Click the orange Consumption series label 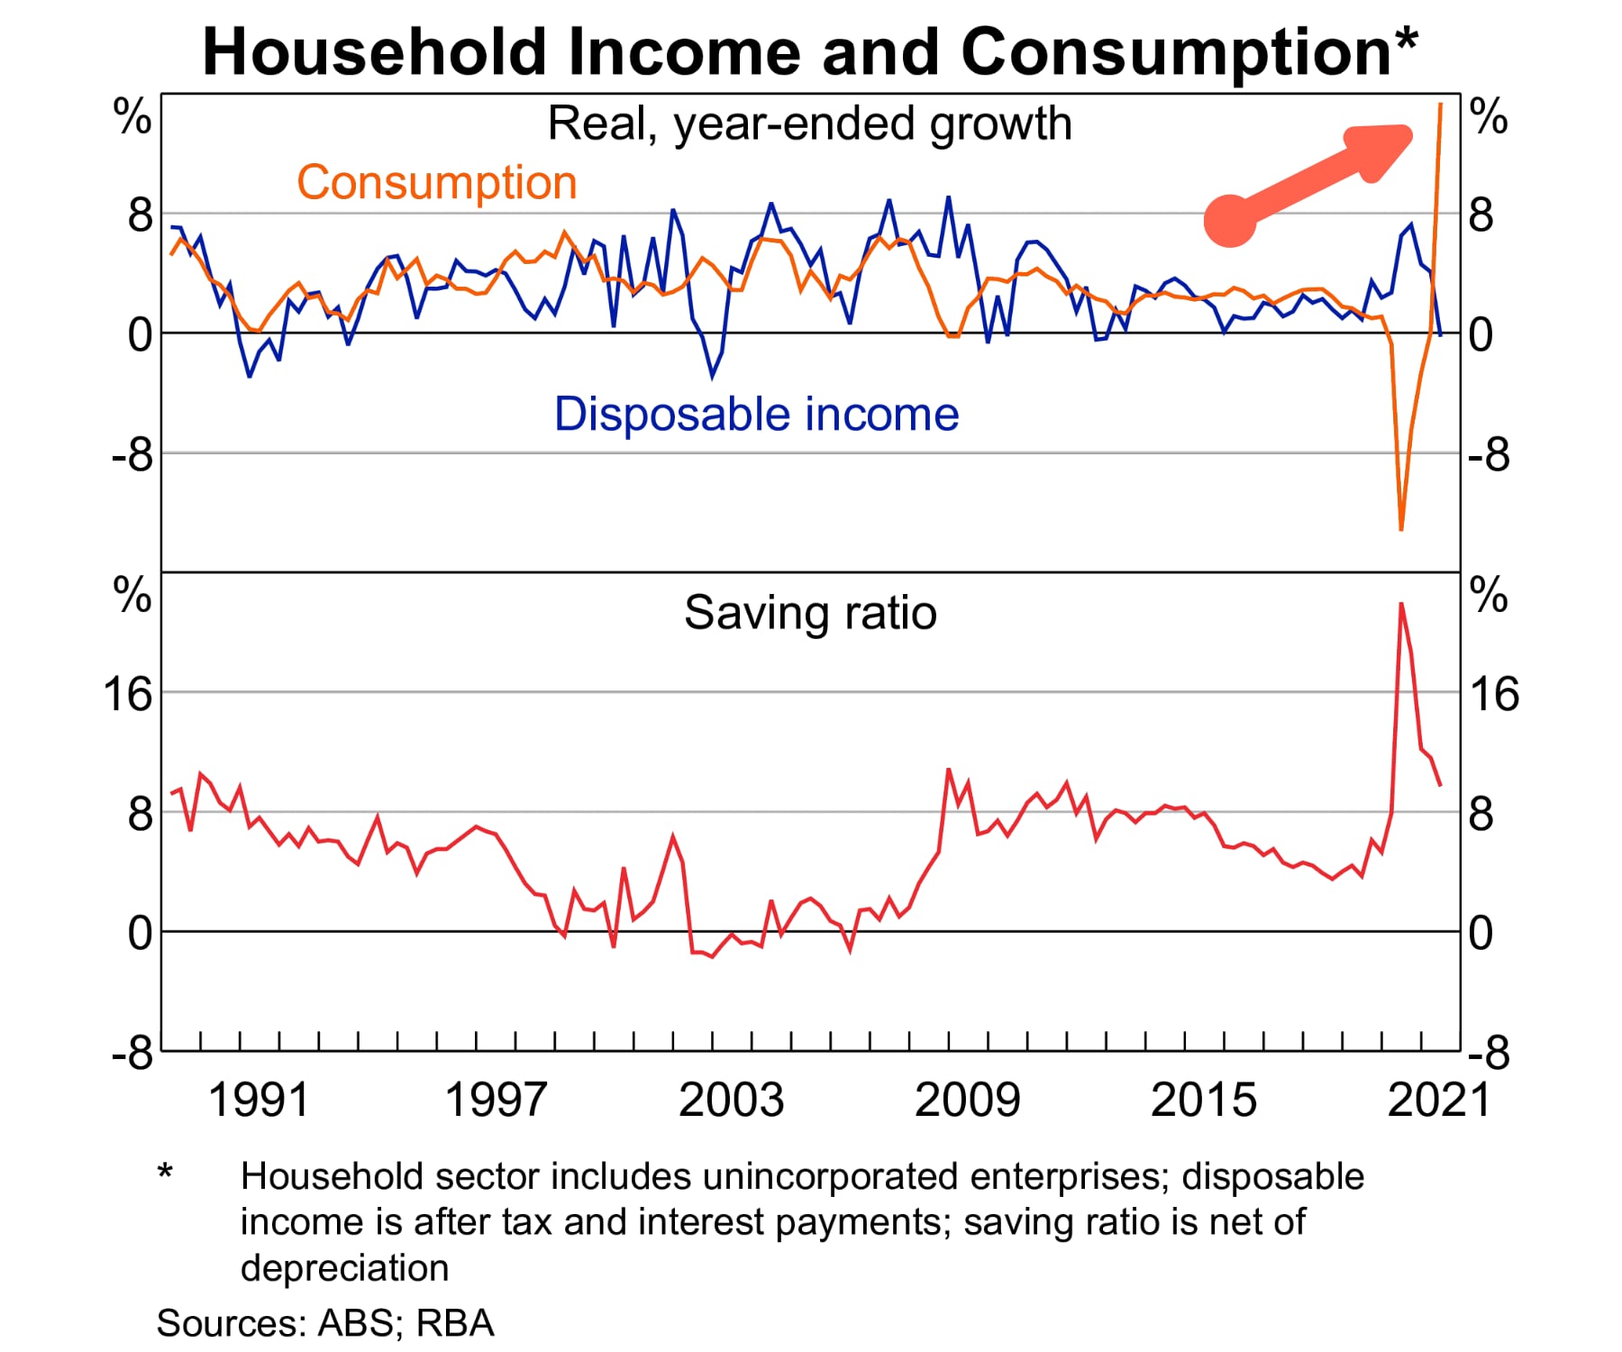click(437, 183)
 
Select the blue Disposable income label click(756, 415)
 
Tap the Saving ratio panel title click(810, 613)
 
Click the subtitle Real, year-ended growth click(809, 123)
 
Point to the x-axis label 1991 click(259, 1101)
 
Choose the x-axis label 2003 click(731, 1101)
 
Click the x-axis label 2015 click(1203, 1101)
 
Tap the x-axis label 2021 click(1439, 1101)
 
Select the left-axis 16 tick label click(128, 695)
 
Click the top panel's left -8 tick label click(132, 456)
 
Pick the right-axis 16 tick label click(1494, 695)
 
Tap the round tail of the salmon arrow click(1230, 220)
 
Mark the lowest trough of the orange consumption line click(1401, 529)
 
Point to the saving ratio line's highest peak click(1401, 603)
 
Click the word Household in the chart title click(375, 51)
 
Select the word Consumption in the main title click(1177, 51)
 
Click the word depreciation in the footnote click(344, 1268)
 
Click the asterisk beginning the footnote click(165, 1172)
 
